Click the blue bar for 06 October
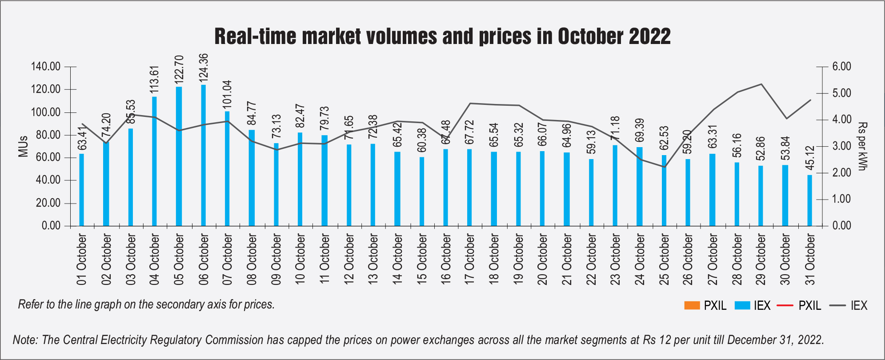tap(204, 156)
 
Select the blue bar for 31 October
tap(809, 200)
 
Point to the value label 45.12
tap(810, 158)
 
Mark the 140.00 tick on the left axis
tap(45, 67)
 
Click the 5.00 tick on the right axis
tap(841, 93)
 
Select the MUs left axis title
tap(23, 146)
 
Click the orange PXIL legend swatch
tap(692, 306)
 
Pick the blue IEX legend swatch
tap(742, 306)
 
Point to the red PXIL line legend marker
tap(785, 306)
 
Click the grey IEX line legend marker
tap(837, 306)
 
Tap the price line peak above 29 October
tap(761, 84)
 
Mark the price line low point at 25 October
tap(664, 167)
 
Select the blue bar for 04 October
tap(154, 161)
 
